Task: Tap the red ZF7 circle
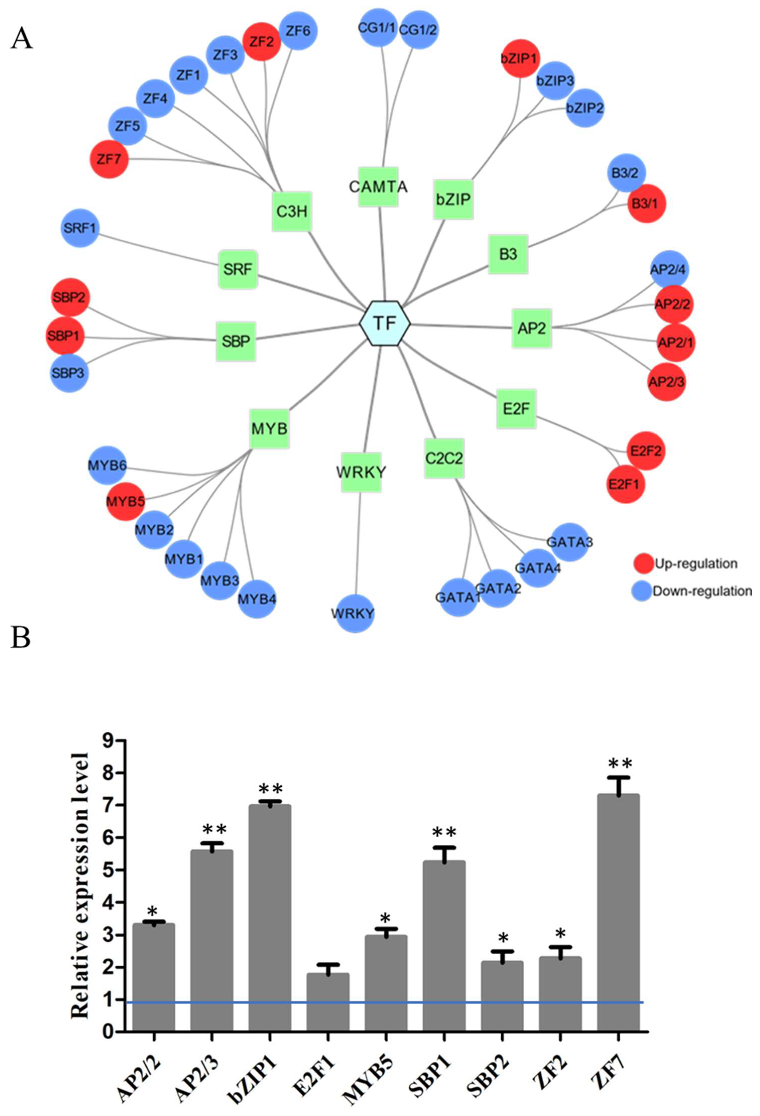[109, 159]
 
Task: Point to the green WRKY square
[361, 472]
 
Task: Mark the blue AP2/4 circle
[669, 270]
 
